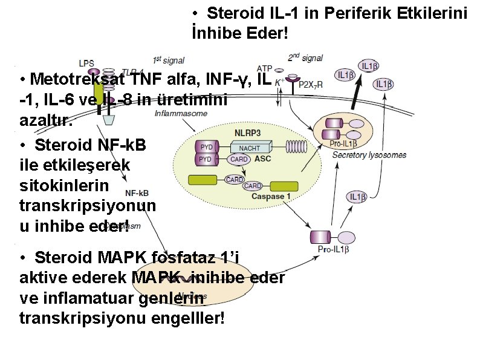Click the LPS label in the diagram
(x=87, y=62)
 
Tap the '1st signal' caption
(x=169, y=60)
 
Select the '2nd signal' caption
(x=305, y=58)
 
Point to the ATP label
(x=264, y=68)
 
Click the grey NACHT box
(x=250, y=148)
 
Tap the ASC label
(x=263, y=159)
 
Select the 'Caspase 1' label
(x=271, y=196)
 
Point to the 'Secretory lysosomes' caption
(x=369, y=155)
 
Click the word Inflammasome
(x=181, y=114)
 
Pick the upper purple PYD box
(x=206, y=147)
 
